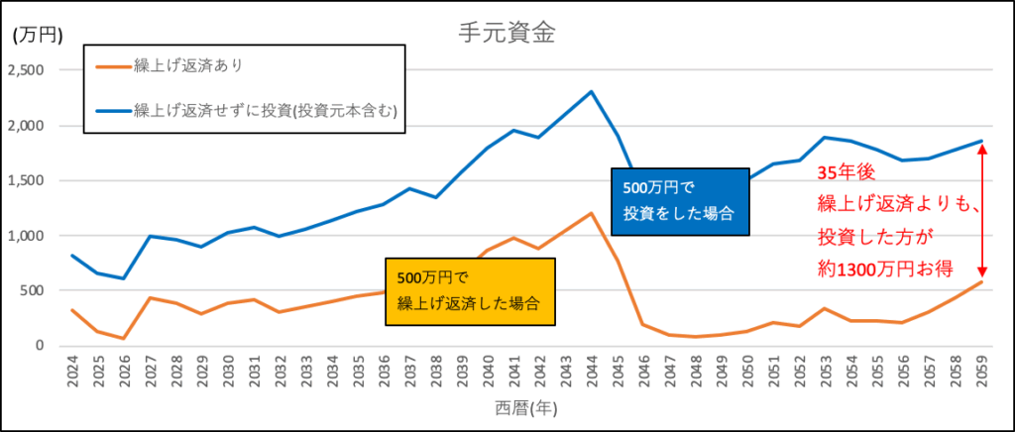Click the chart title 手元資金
click(x=506, y=32)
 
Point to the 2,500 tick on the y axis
click(x=28, y=70)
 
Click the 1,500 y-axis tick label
click(x=28, y=181)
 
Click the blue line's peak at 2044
click(x=591, y=92)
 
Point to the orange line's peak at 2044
click(x=591, y=213)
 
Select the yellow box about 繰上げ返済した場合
click(x=471, y=291)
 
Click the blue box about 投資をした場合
click(x=678, y=200)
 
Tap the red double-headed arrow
click(x=982, y=211)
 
